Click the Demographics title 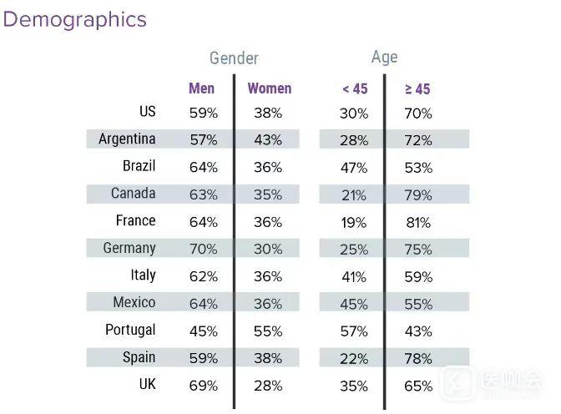coord(75,20)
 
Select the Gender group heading coord(234,58)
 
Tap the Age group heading coord(384,57)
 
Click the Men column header coord(201,88)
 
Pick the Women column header coord(269,88)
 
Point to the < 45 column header coord(354,89)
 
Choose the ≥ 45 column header coord(417,89)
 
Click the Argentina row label coord(127,139)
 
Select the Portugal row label coord(130,330)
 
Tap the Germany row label coord(129,248)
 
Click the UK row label coord(146,384)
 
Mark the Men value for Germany coord(204,250)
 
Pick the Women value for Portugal coord(268,331)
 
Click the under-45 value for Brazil coord(354,168)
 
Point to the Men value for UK coord(204,386)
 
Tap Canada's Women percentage coord(268,195)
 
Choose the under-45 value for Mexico coord(354,305)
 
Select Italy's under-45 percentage coord(354,277)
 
